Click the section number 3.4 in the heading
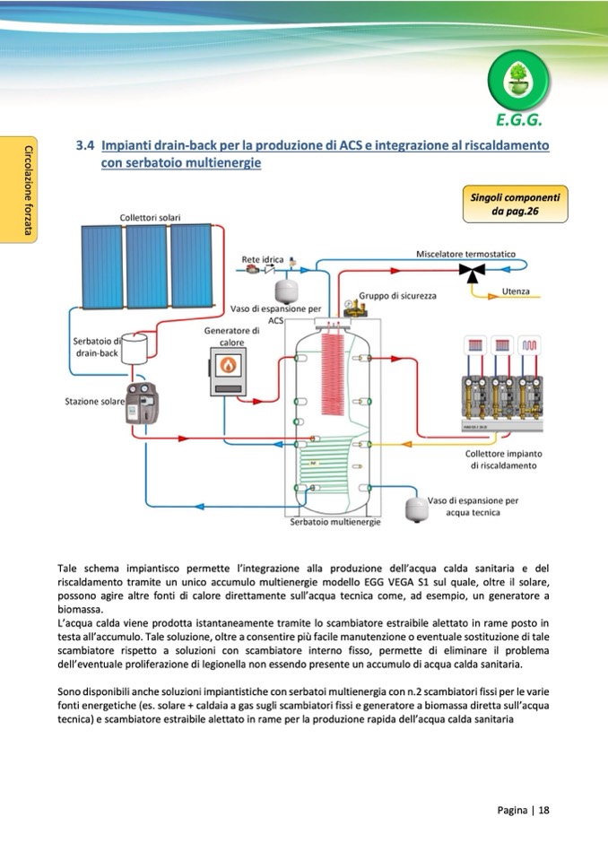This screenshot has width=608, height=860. [x=85, y=144]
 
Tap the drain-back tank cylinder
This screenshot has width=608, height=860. [x=135, y=347]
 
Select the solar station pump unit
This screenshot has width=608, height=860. [x=143, y=404]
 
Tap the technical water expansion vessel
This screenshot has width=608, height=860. [x=415, y=507]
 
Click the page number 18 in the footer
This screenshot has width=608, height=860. [x=543, y=809]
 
